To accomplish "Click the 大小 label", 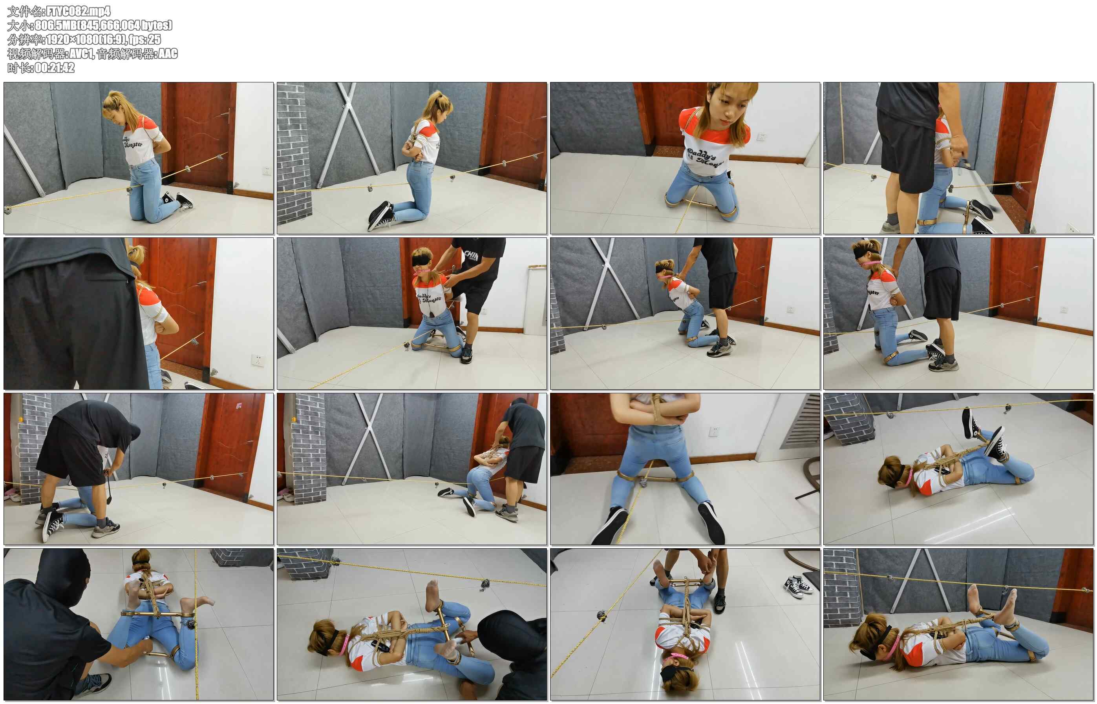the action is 19,25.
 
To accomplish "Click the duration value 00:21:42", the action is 55,67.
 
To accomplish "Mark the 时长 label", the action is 19,67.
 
